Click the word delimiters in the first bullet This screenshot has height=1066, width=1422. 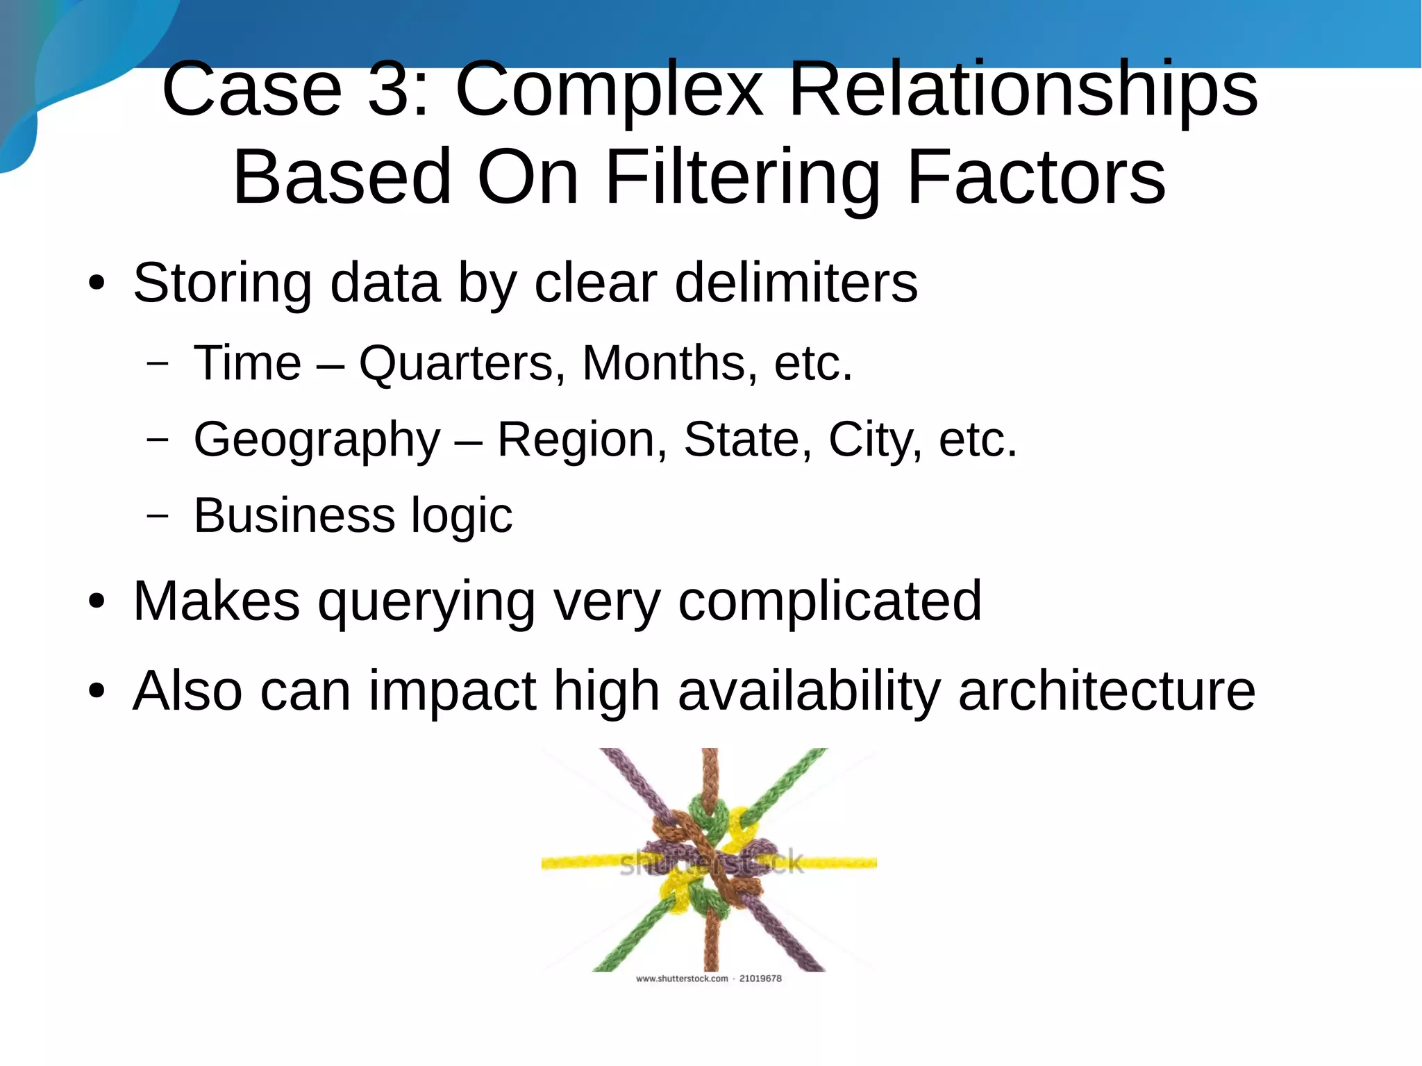pyautogui.click(x=796, y=283)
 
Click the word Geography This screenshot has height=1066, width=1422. pyautogui.click(x=317, y=440)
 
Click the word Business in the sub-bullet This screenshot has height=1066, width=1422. pyautogui.click(x=294, y=515)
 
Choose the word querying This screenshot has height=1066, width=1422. pyautogui.click(x=426, y=602)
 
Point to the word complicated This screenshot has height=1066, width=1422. pyautogui.click(x=830, y=602)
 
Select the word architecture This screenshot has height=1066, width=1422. pyautogui.click(x=1107, y=691)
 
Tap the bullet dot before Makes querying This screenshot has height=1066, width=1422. pyautogui.click(x=97, y=601)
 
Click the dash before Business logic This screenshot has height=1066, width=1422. pyautogui.click(x=158, y=515)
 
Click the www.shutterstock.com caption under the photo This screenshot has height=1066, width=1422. pyautogui.click(x=682, y=978)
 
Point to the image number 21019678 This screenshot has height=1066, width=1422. pyautogui.click(x=760, y=978)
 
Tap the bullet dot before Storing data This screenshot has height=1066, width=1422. pyautogui.click(x=97, y=283)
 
